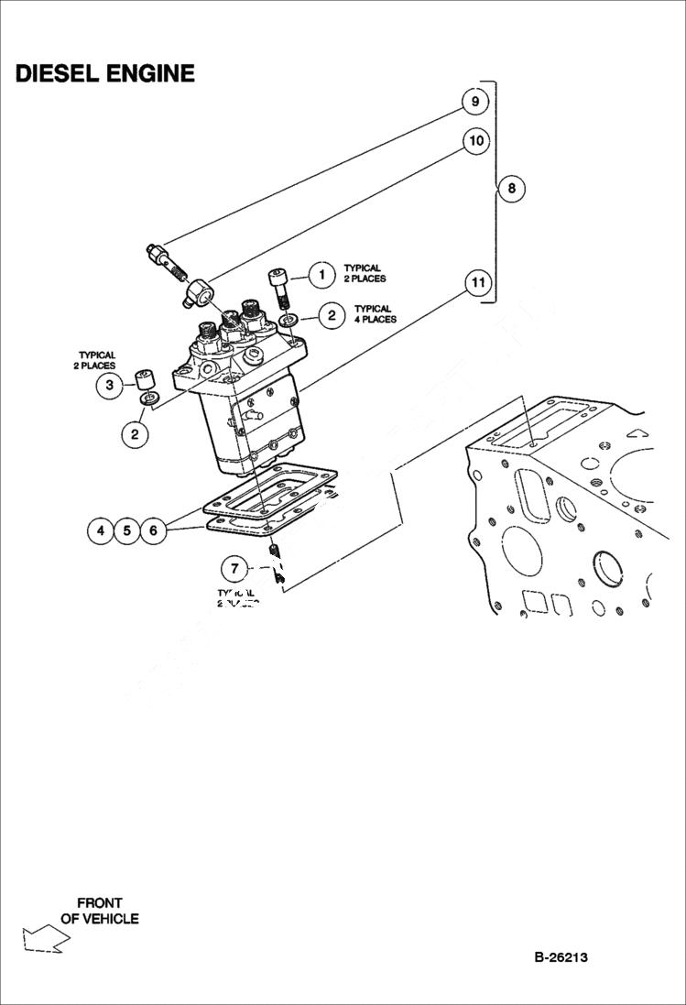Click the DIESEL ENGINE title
point(104,74)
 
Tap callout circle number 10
point(475,141)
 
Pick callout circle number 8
point(511,189)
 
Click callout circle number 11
point(475,282)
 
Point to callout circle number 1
point(321,273)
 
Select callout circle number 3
point(109,386)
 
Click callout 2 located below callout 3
point(135,433)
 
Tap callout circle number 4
point(100,530)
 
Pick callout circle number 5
point(126,530)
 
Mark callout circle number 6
point(154,530)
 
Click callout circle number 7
point(234,569)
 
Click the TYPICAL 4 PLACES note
point(376,314)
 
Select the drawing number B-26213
point(561,957)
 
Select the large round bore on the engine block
point(609,571)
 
